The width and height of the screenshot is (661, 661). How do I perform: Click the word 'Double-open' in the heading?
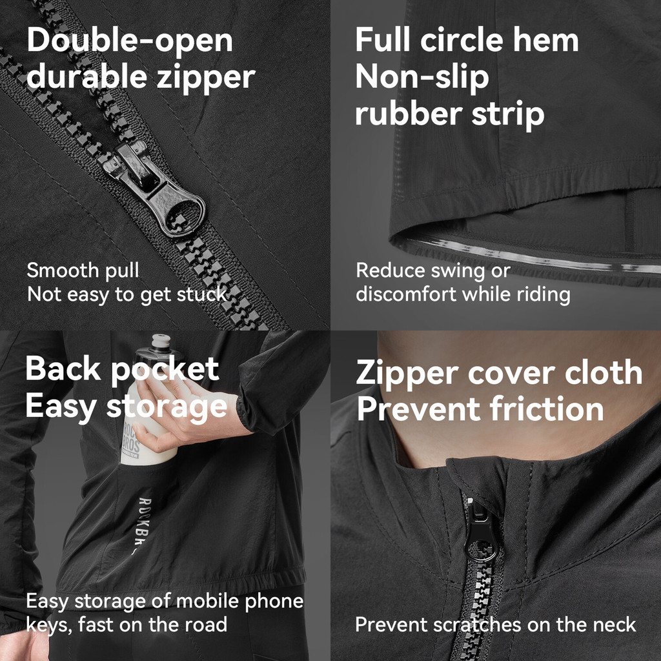point(130,41)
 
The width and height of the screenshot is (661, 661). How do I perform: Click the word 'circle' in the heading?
point(462,41)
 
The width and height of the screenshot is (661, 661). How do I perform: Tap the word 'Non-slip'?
point(422,77)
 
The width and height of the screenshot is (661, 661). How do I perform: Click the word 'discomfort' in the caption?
point(407,294)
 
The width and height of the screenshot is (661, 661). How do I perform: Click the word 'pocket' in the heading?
point(165,370)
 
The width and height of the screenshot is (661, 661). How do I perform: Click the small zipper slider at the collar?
point(480,532)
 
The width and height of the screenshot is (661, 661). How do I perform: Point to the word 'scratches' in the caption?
point(477,624)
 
